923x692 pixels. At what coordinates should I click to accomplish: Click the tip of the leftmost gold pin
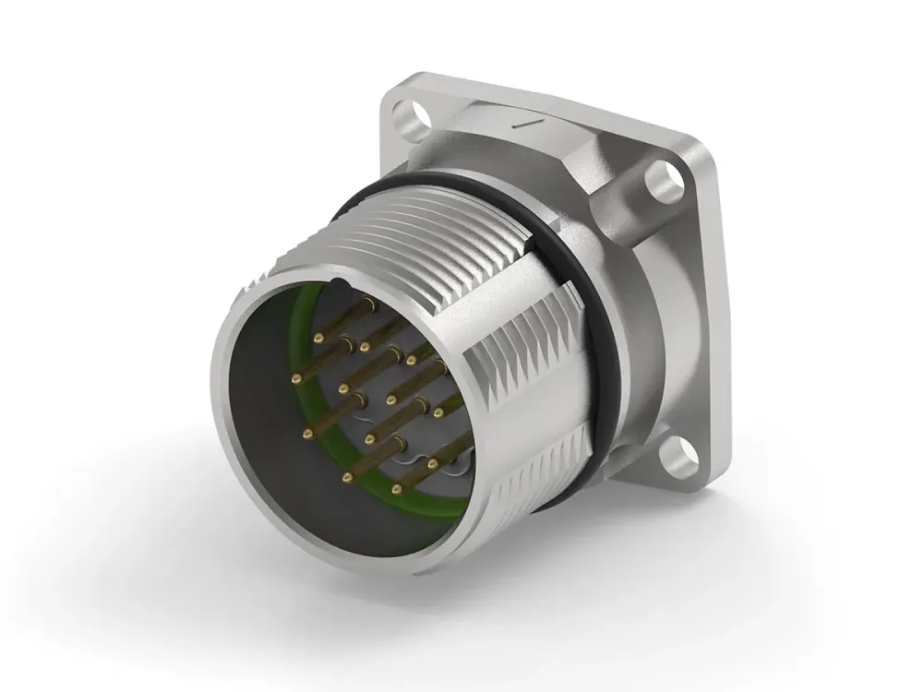296,379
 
